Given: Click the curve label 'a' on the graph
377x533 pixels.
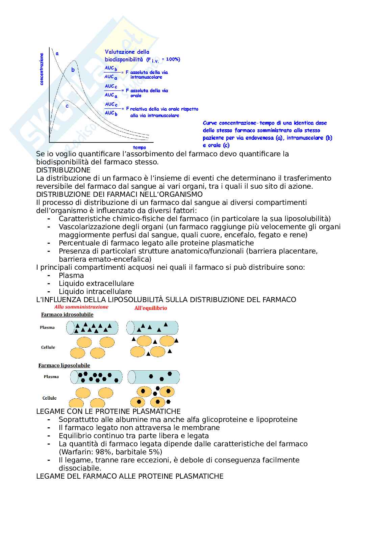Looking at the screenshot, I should pyautogui.click(x=57, y=53).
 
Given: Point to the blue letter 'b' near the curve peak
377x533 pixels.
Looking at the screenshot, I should pyautogui.click(x=73, y=70).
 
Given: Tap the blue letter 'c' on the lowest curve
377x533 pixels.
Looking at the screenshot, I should pyautogui.click(x=67, y=106).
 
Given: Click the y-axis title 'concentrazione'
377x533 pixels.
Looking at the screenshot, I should pyautogui.click(x=42, y=69).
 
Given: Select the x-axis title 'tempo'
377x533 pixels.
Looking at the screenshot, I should pyautogui.click(x=139, y=148).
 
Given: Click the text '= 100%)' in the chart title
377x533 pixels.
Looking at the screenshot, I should pyautogui.click(x=171, y=59).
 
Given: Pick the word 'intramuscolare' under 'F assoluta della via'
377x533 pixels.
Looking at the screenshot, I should pyautogui.click(x=146, y=77).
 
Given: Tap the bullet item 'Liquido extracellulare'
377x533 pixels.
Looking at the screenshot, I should pyautogui.click(x=96, y=284).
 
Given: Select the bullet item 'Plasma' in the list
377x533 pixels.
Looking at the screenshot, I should pyautogui.click(x=71, y=275).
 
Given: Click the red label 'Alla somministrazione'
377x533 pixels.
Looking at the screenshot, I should pyautogui.click(x=81, y=307).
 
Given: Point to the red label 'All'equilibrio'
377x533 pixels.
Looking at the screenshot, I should pyautogui.click(x=151, y=308).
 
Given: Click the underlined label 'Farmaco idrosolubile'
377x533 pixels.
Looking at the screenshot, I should pyautogui.click(x=67, y=315).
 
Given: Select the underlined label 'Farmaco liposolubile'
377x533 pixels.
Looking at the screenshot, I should pyautogui.click(x=64, y=366).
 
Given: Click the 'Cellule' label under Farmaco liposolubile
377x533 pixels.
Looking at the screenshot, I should pyautogui.click(x=49, y=398).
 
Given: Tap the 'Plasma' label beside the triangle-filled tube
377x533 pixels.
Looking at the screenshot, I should pyautogui.click(x=47, y=327).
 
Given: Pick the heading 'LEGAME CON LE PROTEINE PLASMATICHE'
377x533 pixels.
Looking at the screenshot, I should pyautogui.click(x=108, y=411).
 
